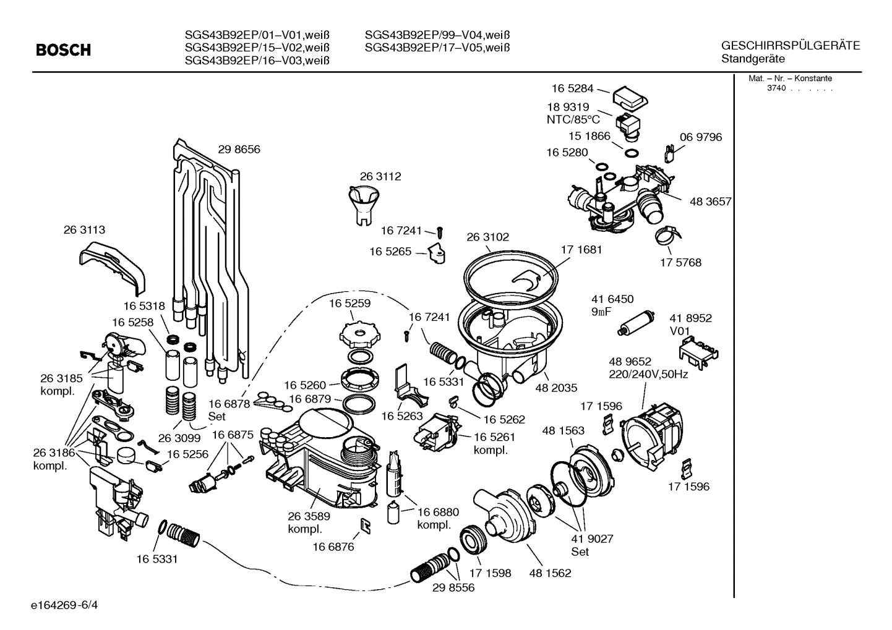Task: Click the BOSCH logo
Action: [63, 50]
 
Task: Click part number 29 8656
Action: [239, 149]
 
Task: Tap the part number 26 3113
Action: [84, 229]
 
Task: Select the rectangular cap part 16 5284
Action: [630, 97]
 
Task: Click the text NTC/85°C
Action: [573, 119]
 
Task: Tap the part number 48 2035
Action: [556, 388]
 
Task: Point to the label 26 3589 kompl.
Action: [308, 522]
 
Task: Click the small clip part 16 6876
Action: [365, 526]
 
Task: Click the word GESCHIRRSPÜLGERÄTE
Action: [790, 46]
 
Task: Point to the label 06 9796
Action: [700, 137]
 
